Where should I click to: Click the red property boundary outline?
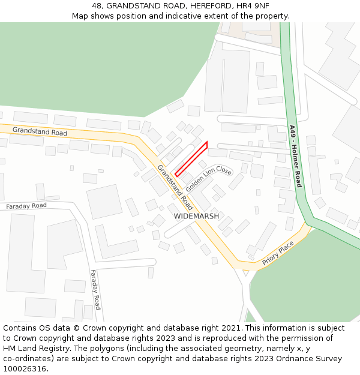click(x=191, y=160)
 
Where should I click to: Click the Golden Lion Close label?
click(x=208, y=179)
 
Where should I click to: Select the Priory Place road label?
click(x=278, y=254)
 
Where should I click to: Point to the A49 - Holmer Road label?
click(x=294, y=156)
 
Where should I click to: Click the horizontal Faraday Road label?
click(x=26, y=206)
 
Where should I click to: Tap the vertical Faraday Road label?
click(x=95, y=289)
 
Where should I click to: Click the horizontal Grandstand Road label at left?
click(x=40, y=131)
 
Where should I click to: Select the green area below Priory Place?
click(x=306, y=282)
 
